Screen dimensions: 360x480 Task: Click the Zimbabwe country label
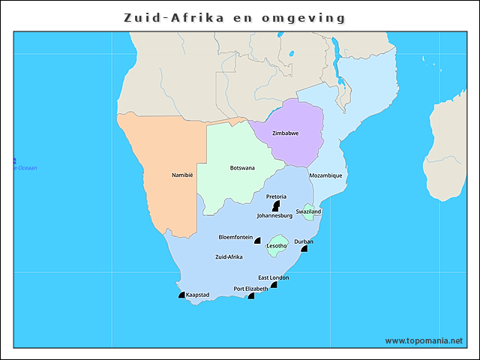tap(285, 133)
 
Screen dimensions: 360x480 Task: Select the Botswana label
tap(242, 168)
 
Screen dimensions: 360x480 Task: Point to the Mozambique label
tap(326, 175)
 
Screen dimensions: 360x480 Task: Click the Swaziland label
tap(308, 211)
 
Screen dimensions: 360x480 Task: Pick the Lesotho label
tap(277, 246)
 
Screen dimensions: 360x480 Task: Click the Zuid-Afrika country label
tap(229, 257)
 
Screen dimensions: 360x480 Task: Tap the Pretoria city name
tap(276, 196)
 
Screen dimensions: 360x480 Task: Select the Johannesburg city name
tap(274, 215)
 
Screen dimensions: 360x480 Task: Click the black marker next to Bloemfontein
tap(257, 241)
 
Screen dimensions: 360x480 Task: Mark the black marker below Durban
tap(304, 248)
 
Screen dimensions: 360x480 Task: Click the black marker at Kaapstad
tap(181, 295)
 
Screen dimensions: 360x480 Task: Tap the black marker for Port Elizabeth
tap(251, 295)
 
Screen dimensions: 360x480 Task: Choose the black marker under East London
tap(274, 284)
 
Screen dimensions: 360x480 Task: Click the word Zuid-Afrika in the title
tap(178, 16)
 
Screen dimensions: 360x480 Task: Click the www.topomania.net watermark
tap(424, 340)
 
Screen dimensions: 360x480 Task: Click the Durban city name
tap(304, 241)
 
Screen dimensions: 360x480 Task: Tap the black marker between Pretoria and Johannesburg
tap(275, 205)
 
